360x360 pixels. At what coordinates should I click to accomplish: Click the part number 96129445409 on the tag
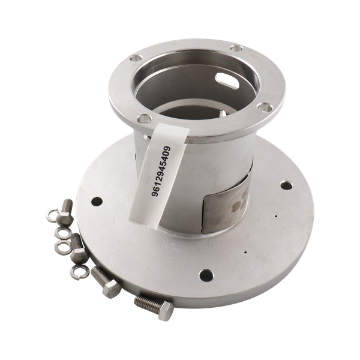pos(161,171)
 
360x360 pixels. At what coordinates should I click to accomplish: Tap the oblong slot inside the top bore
pos(227,80)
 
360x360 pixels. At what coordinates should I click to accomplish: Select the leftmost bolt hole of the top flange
pos(136,58)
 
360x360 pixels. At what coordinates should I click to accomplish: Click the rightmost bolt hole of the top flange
pos(265,107)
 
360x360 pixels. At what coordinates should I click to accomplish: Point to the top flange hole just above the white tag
pos(144,119)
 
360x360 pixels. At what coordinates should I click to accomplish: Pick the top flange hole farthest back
pos(236,48)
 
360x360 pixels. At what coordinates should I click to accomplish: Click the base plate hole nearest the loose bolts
pos(97,202)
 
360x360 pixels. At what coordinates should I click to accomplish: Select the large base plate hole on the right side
pos(286,185)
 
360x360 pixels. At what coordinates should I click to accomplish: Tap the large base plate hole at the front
pos(206,275)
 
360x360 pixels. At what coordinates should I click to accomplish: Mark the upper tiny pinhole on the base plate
pos(276,216)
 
